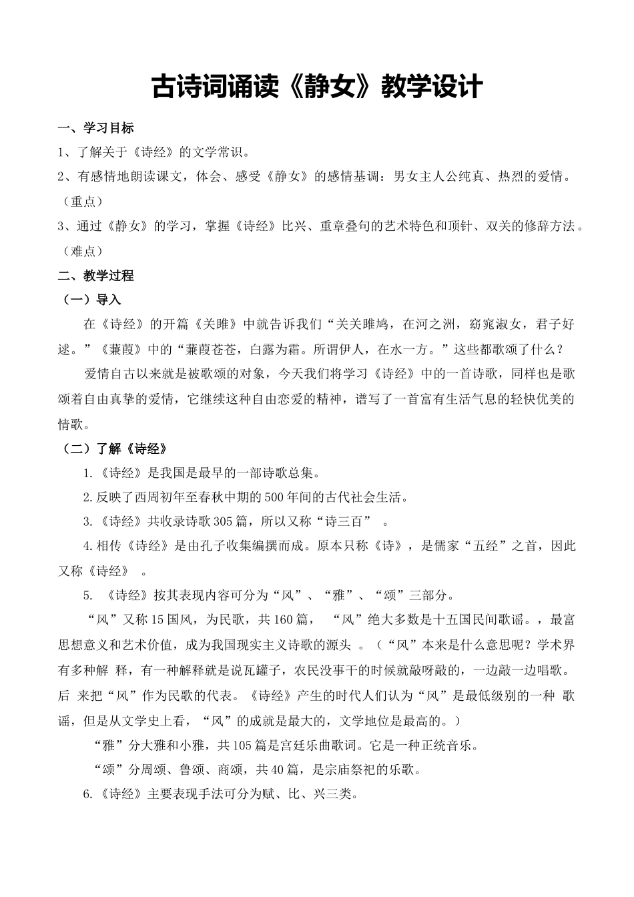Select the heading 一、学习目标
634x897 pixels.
96,128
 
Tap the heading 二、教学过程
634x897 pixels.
96,276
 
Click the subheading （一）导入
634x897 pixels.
90,300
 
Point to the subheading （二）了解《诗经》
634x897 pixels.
113,448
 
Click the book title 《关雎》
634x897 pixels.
216,325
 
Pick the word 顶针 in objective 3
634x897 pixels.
468,226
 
